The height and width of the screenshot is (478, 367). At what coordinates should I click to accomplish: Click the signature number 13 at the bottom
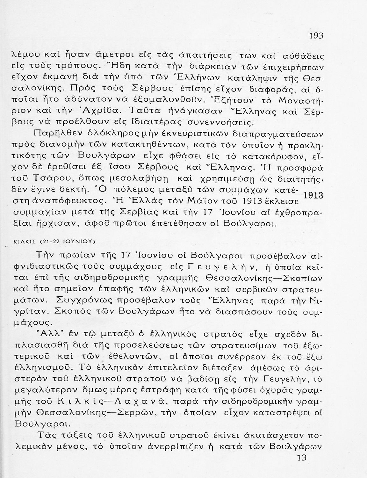click(x=301, y=458)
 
